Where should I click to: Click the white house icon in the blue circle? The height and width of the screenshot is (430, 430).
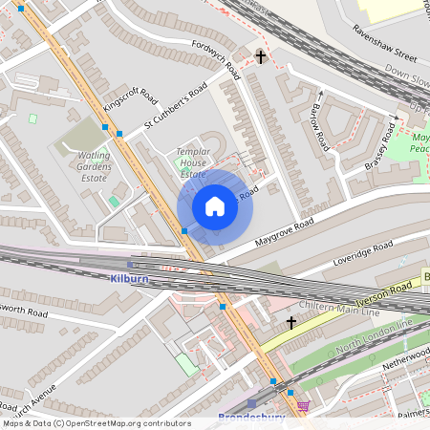[215, 205]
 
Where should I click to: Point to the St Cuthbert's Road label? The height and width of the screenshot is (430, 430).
[176, 106]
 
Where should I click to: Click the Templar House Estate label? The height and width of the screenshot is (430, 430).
[192, 163]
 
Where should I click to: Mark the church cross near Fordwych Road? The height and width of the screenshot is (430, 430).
[261, 57]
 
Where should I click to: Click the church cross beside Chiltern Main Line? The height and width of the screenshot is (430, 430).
[291, 323]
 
